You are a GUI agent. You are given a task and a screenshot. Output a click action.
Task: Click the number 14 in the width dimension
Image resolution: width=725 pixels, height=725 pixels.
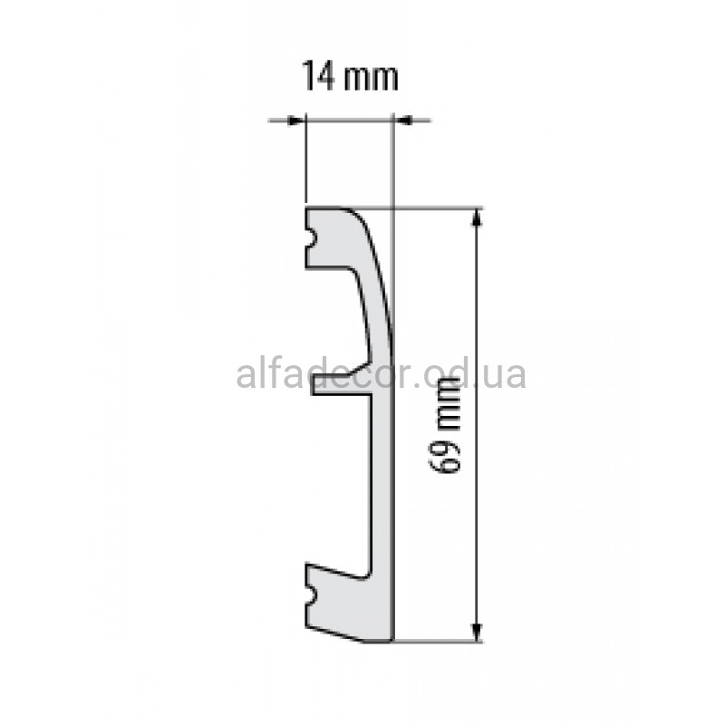click(318, 76)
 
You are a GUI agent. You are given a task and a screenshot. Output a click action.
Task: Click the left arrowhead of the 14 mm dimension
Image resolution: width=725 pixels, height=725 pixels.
click(296, 121)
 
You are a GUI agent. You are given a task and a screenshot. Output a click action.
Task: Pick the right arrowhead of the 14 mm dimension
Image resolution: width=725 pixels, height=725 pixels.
click(401, 121)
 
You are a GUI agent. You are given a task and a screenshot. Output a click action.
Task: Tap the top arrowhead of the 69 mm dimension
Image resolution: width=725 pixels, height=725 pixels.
click(477, 218)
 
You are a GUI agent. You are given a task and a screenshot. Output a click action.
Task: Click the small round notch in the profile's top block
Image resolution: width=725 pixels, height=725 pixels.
click(311, 239)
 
